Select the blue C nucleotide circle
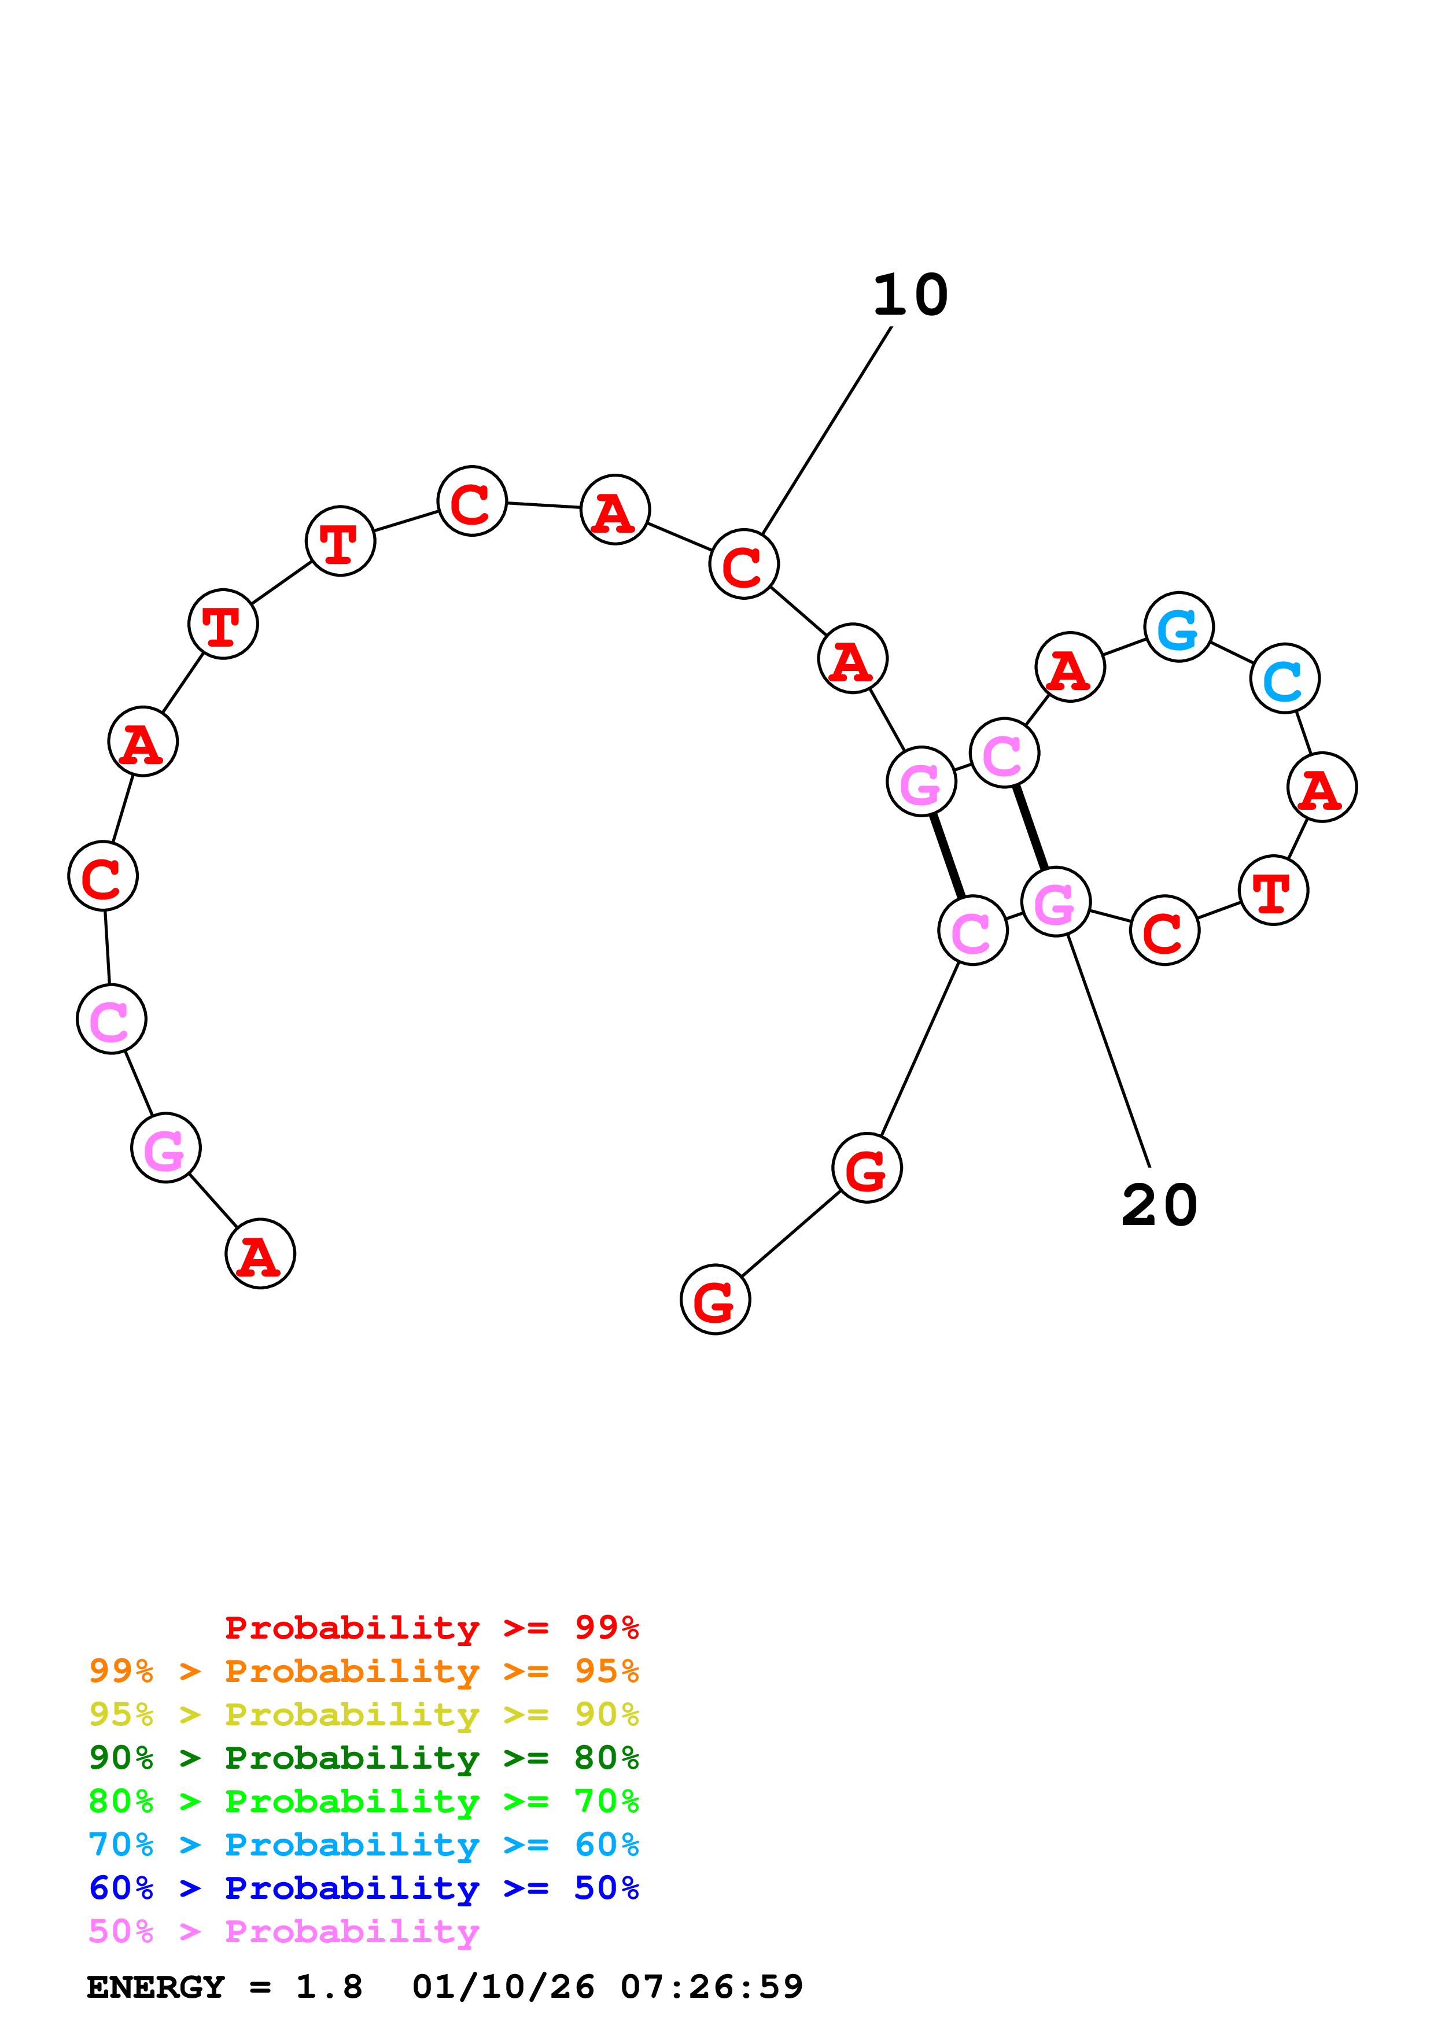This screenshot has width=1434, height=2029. point(1285,678)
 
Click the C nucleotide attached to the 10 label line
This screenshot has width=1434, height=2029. point(744,564)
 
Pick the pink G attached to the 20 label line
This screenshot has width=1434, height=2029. point(1055,901)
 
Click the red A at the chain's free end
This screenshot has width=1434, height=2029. point(260,1253)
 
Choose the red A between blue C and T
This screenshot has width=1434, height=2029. point(1322,787)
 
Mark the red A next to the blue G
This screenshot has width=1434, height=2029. point(1070,667)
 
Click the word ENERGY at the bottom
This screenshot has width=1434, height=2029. point(156,1987)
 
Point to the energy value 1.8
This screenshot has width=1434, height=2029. point(329,1987)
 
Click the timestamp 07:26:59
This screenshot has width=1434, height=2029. point(712,1987)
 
